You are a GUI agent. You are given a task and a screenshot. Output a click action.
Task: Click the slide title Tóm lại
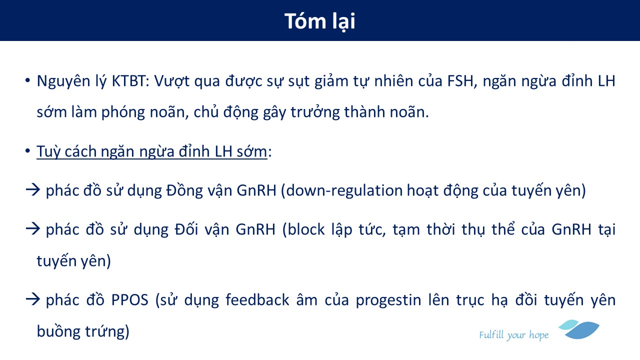[319, 21]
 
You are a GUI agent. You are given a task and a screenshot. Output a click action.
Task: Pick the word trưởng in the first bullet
[315, 112]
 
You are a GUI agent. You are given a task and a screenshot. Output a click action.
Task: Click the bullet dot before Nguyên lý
[27, 80]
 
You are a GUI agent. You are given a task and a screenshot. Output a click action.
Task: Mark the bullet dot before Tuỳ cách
[27, 150]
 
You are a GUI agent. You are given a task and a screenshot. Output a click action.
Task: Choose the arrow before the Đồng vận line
[32, 189]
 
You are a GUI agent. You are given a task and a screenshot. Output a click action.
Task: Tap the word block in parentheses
[306, 229]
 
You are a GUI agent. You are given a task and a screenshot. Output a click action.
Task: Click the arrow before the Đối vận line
[32, 229]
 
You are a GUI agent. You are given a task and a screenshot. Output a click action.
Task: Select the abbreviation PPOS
[129, 300]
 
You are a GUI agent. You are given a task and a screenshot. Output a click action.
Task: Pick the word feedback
[257, 299]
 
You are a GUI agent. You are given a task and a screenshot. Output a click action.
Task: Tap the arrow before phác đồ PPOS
[32, 299]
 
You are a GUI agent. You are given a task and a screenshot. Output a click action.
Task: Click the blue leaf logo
[579, 329]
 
